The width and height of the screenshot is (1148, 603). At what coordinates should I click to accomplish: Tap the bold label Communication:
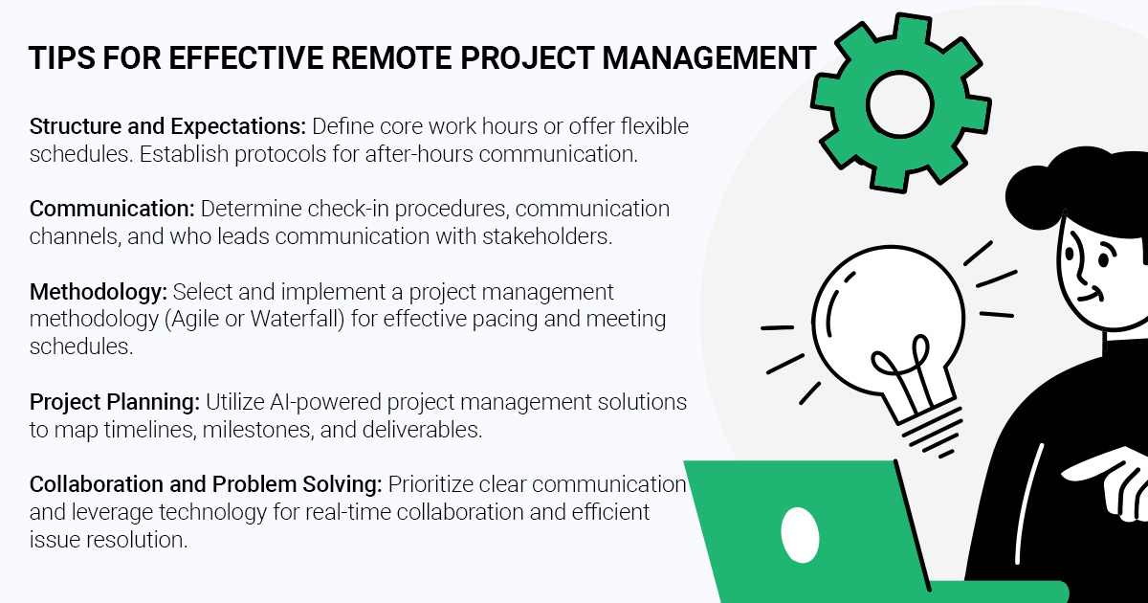coord(100,209)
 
